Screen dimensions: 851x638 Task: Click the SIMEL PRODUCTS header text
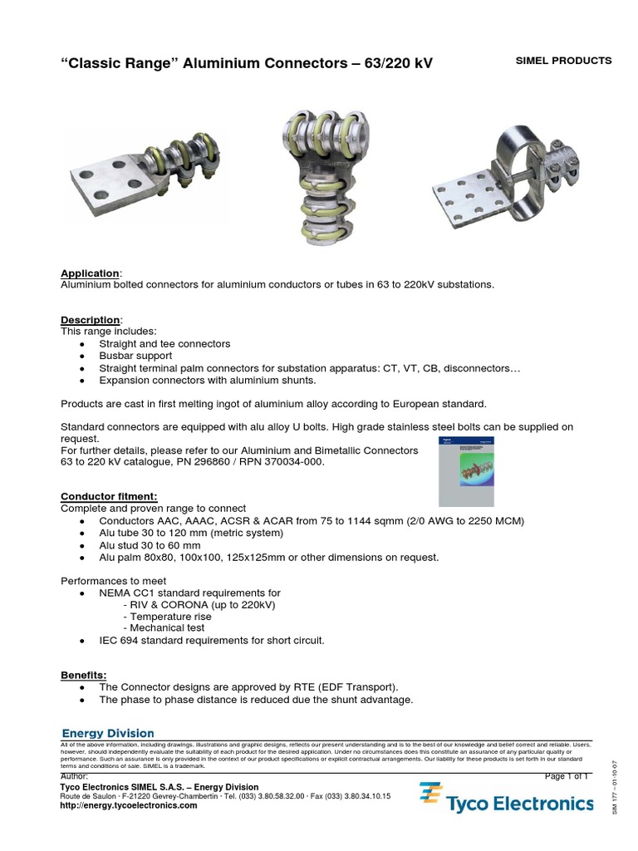point(563,61)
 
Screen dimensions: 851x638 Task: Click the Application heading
point(91,273)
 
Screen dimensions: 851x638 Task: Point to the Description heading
point(91,320)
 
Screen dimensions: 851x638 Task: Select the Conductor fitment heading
point(109,496)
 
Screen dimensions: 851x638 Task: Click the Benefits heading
point(84,675)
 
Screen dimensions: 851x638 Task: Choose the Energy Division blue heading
point(109,733)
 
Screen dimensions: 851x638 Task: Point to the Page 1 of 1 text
point(566,775)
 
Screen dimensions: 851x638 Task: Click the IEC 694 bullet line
point(211,641)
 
